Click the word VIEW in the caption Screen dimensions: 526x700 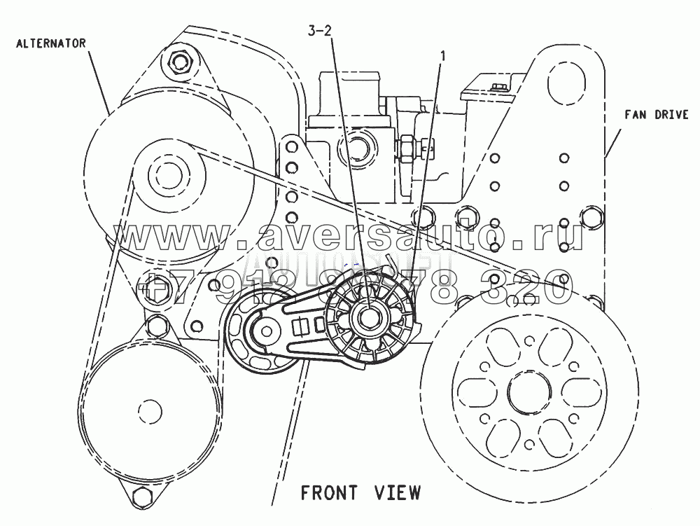click(x=398, y=492)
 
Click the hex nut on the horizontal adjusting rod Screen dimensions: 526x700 click(x=407, y=148)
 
